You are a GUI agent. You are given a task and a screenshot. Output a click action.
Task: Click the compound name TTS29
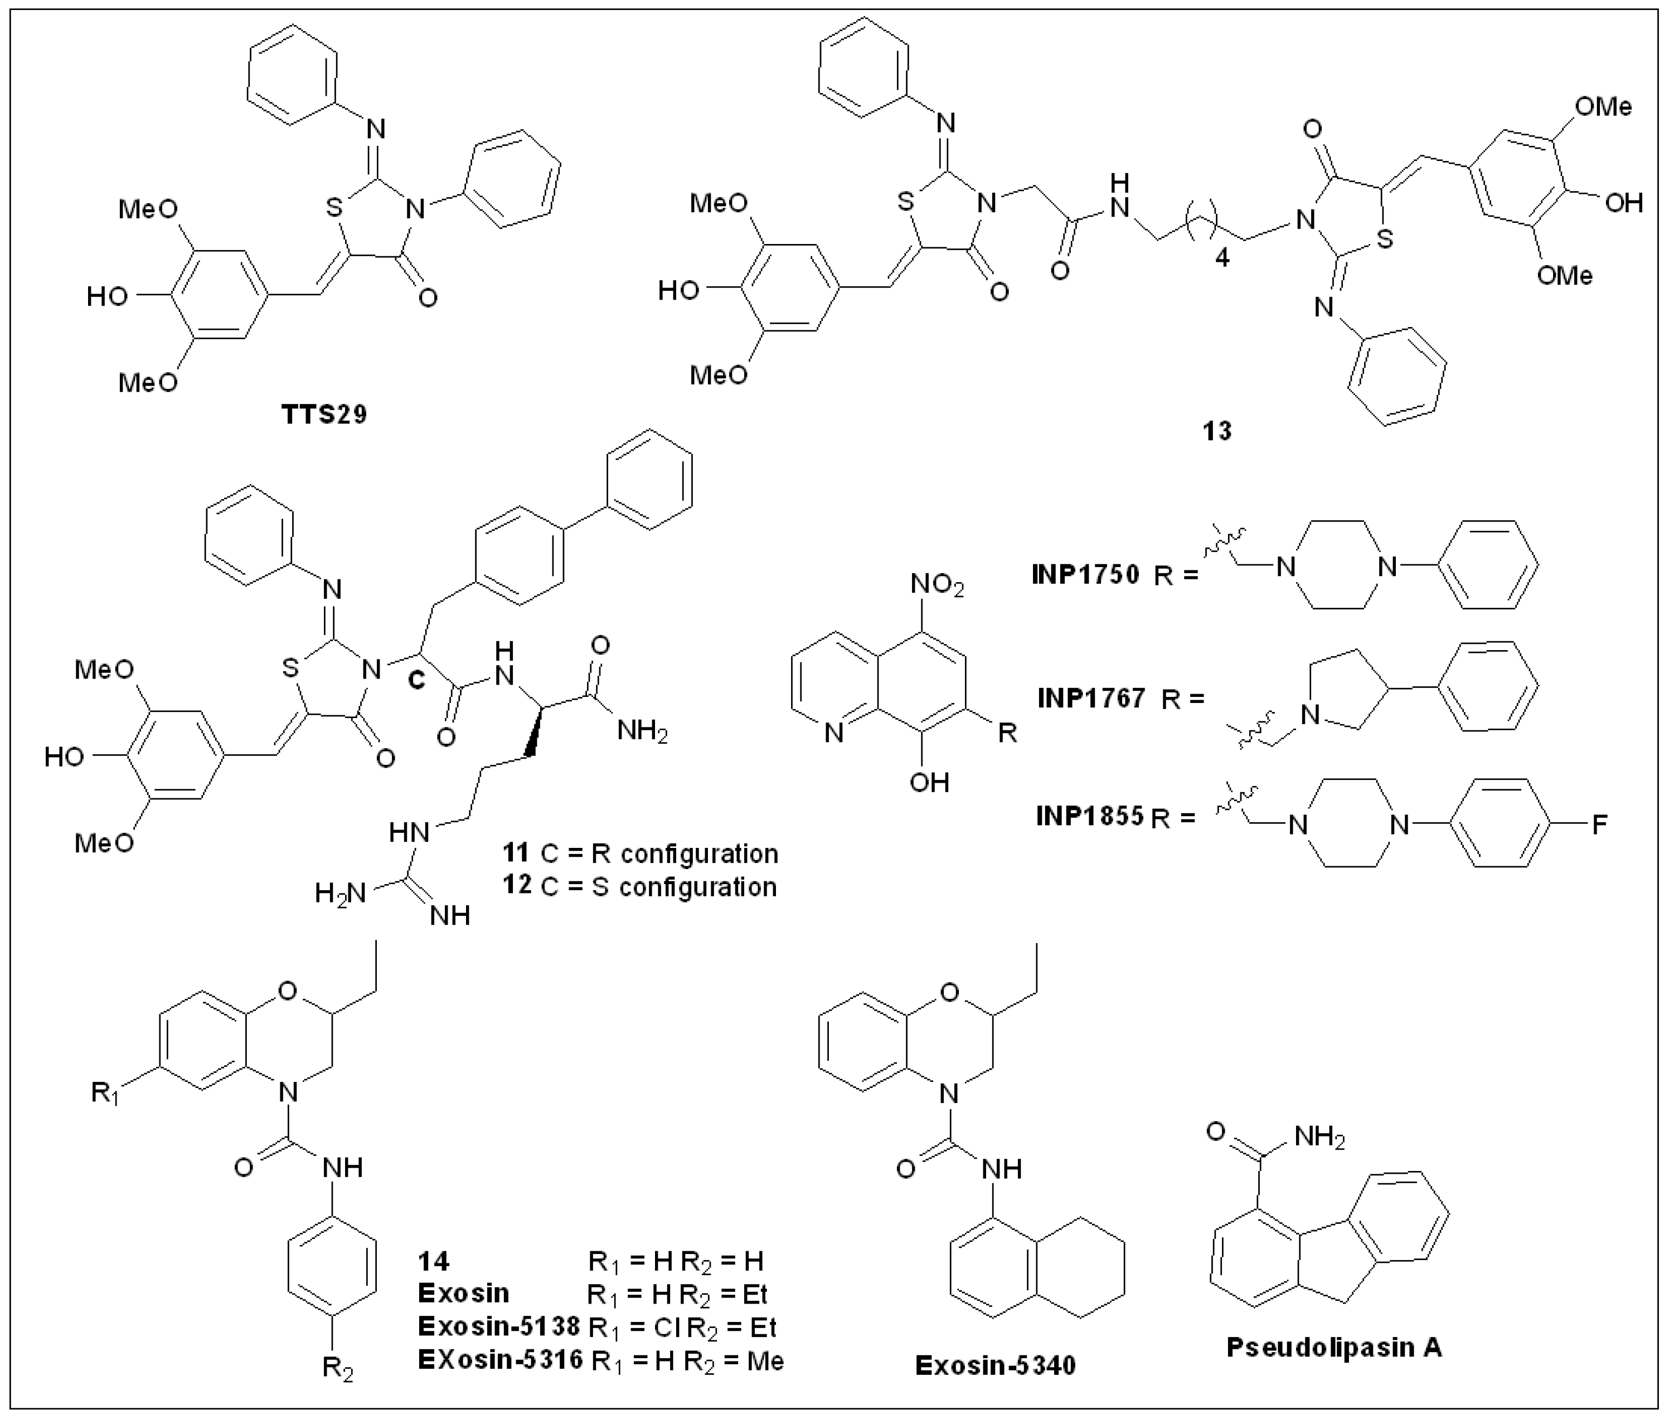pos(324,414)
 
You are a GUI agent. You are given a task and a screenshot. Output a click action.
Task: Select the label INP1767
pos(1091,697)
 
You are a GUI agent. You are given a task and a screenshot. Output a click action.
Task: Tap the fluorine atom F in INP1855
pos(1600,824)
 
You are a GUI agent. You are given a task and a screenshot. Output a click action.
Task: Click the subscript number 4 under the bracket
pos(1222,261)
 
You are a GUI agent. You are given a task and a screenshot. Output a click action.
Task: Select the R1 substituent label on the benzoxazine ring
pos(105,1094)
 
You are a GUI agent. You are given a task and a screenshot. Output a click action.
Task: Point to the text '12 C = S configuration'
pos(639,886)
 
